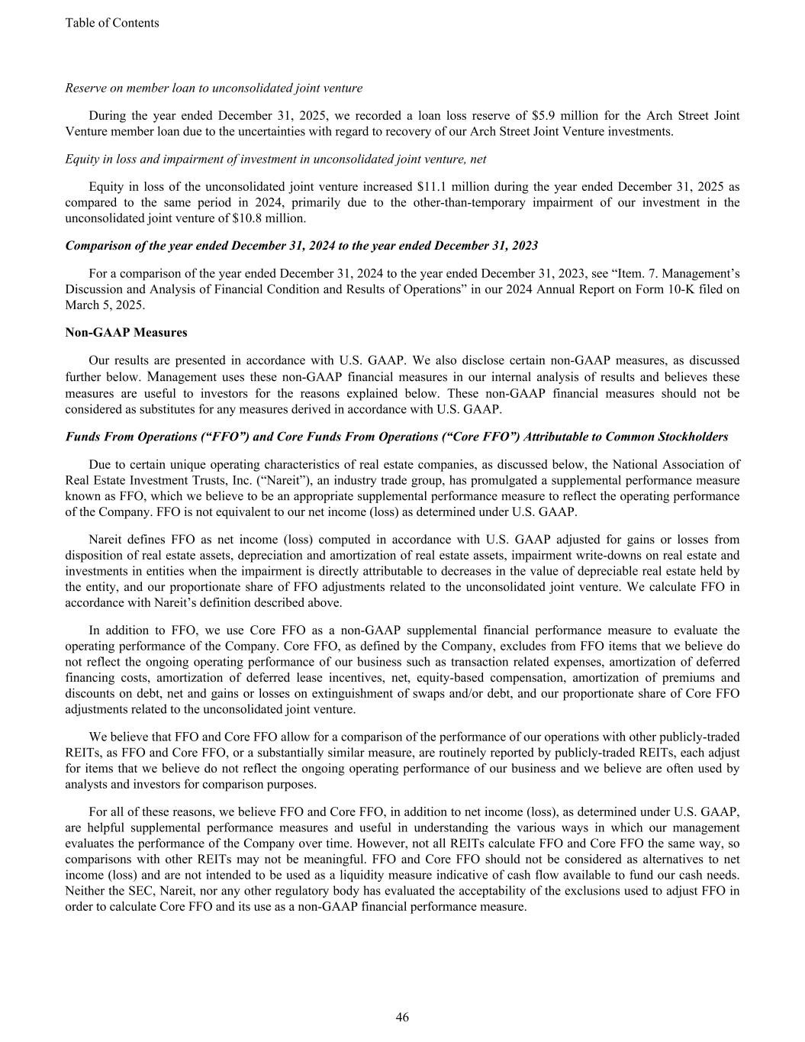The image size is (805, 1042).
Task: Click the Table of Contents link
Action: pyautogui.click(x=112, y=23)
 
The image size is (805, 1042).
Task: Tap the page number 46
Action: pyautogui.click(x=402, y=1017)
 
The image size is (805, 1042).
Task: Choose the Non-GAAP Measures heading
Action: pyautogui.click(x=126, y=333)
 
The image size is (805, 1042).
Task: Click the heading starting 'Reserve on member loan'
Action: pyautogui.click(x=214, y=88)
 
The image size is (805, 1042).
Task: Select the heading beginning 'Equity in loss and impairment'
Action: pyautogui.click(x=275, y=159)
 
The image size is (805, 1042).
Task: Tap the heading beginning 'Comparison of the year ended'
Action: pyautogui.click(x=301, y=246)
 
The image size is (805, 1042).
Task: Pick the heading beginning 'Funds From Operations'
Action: pyautogui.click(x=397, y=437)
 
